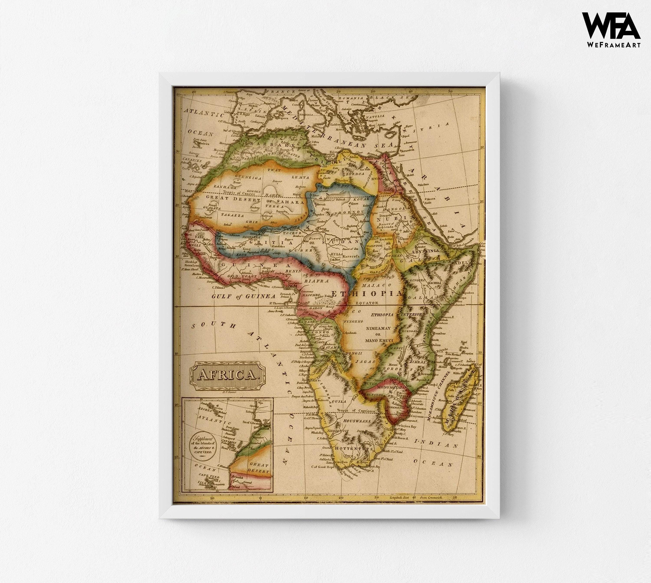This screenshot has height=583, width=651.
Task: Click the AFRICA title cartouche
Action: [228, 375]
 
